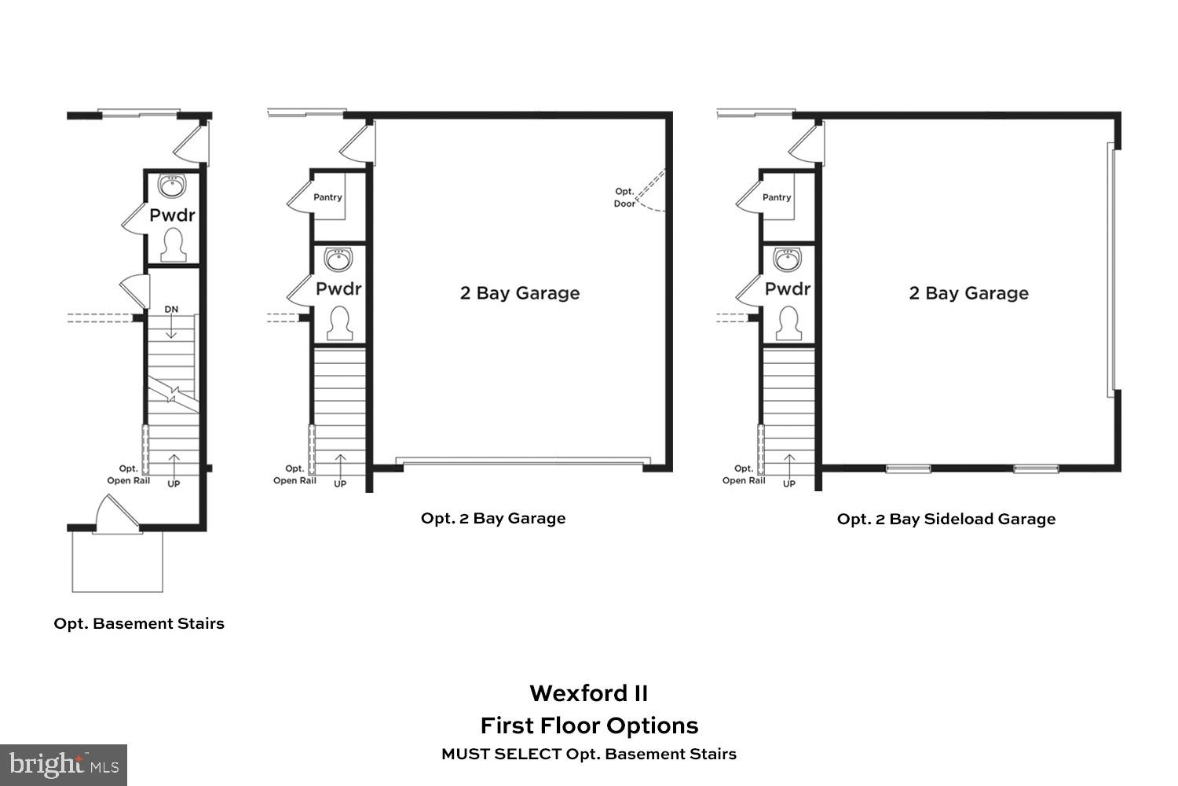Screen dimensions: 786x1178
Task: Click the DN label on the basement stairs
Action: [x=171, y=309]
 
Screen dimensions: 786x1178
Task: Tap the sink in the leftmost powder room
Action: [x=172, y=186]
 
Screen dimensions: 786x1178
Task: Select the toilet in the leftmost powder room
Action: [x=172, y=245]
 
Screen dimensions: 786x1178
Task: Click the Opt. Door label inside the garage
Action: [x=624, y=197]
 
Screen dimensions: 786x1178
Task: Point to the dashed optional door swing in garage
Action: [x=650, y=193]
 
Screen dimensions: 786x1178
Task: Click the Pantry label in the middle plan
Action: [x=327, y=197]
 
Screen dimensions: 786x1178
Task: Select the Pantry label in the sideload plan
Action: [x=777, y=197]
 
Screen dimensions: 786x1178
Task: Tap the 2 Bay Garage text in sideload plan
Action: [x=968, y=293]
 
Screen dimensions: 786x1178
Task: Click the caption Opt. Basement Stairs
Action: [x=139, y=623]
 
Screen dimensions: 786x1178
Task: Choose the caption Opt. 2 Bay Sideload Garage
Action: [x=946, y=519]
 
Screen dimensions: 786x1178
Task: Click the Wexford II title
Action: [x=588, y=693]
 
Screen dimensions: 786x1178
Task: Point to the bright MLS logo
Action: [x=64, y=765]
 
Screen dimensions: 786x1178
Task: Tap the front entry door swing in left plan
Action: [x=116, y=515]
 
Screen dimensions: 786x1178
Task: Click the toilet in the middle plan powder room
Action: [x=339, y=323]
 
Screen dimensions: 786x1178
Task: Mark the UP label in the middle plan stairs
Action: [x=340, y=483]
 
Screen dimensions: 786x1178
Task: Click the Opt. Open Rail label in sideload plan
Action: [x=743, y=475]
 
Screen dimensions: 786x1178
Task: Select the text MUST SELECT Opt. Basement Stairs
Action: [x=588, y=754]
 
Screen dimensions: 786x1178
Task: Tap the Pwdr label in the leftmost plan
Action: [x=172, y=215]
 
